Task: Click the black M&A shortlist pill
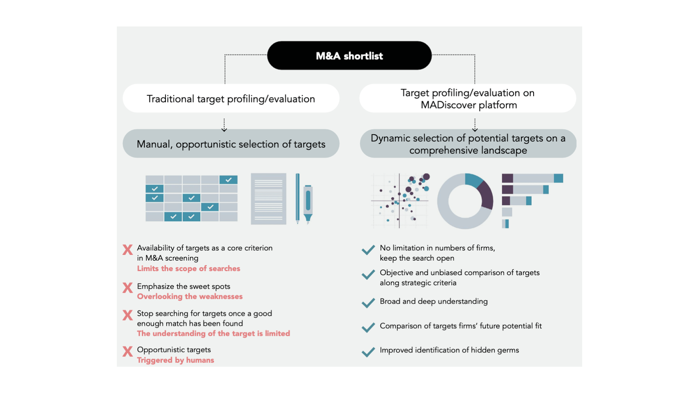(349, 56)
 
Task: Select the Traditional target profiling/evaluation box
(231, 98)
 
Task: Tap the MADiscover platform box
(468, 98)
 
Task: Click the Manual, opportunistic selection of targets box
(231, 144)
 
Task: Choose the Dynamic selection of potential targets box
(468, 144)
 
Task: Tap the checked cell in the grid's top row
(228, 179)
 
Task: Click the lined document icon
(269, 199)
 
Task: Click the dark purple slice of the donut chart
(486, 195)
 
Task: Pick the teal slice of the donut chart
(473, 180)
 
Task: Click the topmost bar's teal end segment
(558, 178)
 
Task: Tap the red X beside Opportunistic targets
(128, 351)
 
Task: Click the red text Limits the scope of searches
(188, 268)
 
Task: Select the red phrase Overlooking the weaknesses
(190, 297)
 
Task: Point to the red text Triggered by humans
(176, 360)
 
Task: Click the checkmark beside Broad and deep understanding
(368, 303)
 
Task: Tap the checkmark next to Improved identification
(368, 352)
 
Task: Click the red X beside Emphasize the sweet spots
(128, 288)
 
